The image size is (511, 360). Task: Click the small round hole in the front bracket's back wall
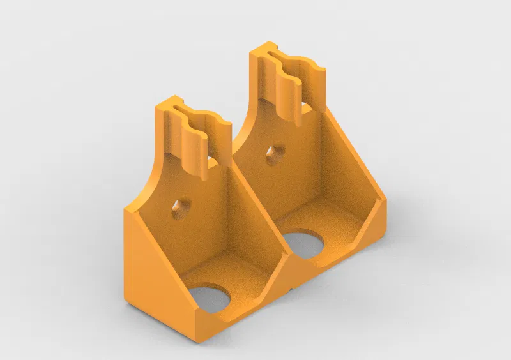pos(181,206)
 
